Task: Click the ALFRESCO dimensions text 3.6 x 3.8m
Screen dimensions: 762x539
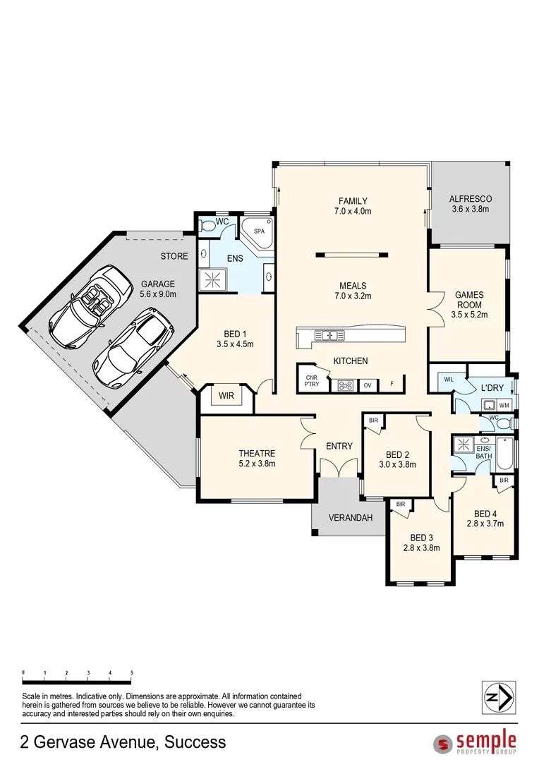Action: tap(470, 210)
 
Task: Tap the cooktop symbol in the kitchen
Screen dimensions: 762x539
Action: tap(346, 385)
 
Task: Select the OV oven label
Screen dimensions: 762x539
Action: tap(367, 385)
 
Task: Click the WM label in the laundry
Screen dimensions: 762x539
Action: tap(504, 406)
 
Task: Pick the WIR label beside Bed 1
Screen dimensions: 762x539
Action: tap(226, 397)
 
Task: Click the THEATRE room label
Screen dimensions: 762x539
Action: tap(257, 453)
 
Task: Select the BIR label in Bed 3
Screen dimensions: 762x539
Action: tap(401, 504)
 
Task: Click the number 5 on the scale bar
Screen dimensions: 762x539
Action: tap(132, 673)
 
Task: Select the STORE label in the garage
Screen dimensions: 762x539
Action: tap(174, 256)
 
